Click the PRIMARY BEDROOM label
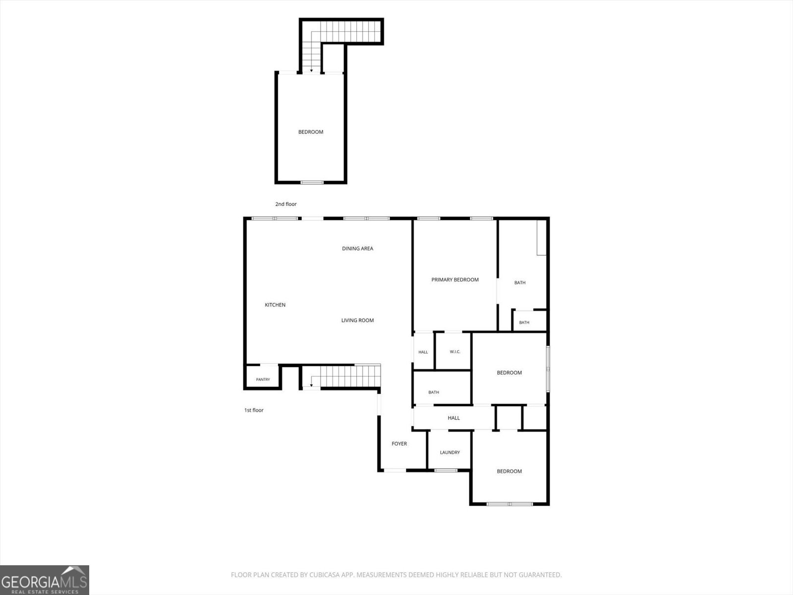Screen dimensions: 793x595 455,280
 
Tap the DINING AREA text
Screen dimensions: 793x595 358,248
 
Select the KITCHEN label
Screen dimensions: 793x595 275,305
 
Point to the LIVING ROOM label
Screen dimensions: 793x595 358,320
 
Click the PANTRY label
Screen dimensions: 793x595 263,379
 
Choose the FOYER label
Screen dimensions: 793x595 399,444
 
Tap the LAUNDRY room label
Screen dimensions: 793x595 450,452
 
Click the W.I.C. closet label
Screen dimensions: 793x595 455,352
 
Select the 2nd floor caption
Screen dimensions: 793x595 286,204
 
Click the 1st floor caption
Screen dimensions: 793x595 254,410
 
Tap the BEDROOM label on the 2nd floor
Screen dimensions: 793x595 311,132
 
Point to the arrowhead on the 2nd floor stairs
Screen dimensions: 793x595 311,70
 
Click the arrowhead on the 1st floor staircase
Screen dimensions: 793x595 311,385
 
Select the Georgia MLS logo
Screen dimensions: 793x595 45,580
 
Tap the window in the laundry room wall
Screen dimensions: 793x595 446,471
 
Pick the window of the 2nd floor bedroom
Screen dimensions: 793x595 312,182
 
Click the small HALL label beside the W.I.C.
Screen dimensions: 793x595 423,352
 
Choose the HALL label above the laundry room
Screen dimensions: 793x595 454,418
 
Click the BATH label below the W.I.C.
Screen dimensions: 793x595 434,392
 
